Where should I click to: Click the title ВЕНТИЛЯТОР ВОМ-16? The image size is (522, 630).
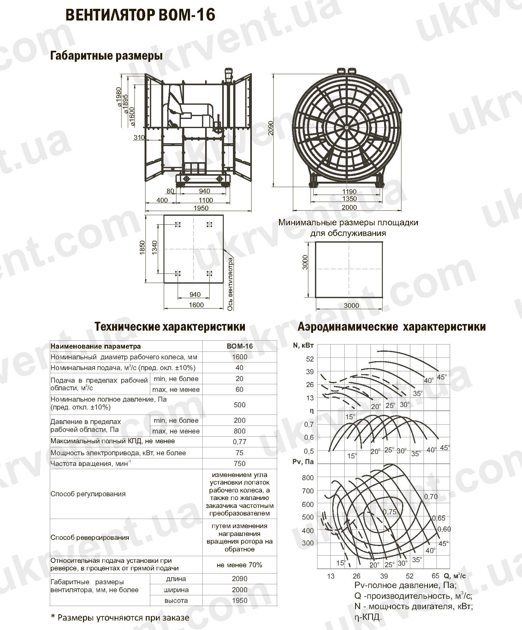140,15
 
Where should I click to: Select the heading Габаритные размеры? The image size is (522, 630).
107,56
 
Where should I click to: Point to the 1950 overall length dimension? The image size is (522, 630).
201,208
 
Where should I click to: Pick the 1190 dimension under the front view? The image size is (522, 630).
349,191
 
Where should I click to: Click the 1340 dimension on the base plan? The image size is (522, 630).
154,249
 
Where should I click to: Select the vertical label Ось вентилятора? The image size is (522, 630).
230,284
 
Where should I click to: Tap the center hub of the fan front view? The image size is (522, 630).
347,127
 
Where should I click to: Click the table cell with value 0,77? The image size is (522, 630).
240,442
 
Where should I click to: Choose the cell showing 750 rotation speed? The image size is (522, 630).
240,463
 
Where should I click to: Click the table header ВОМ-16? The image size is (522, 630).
240,346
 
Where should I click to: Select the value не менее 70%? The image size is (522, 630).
240,565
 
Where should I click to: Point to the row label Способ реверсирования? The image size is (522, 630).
90,537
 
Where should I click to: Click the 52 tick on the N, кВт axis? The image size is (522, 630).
310,359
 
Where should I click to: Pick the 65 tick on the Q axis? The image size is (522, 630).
435,576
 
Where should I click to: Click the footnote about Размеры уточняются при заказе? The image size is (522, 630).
120,617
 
